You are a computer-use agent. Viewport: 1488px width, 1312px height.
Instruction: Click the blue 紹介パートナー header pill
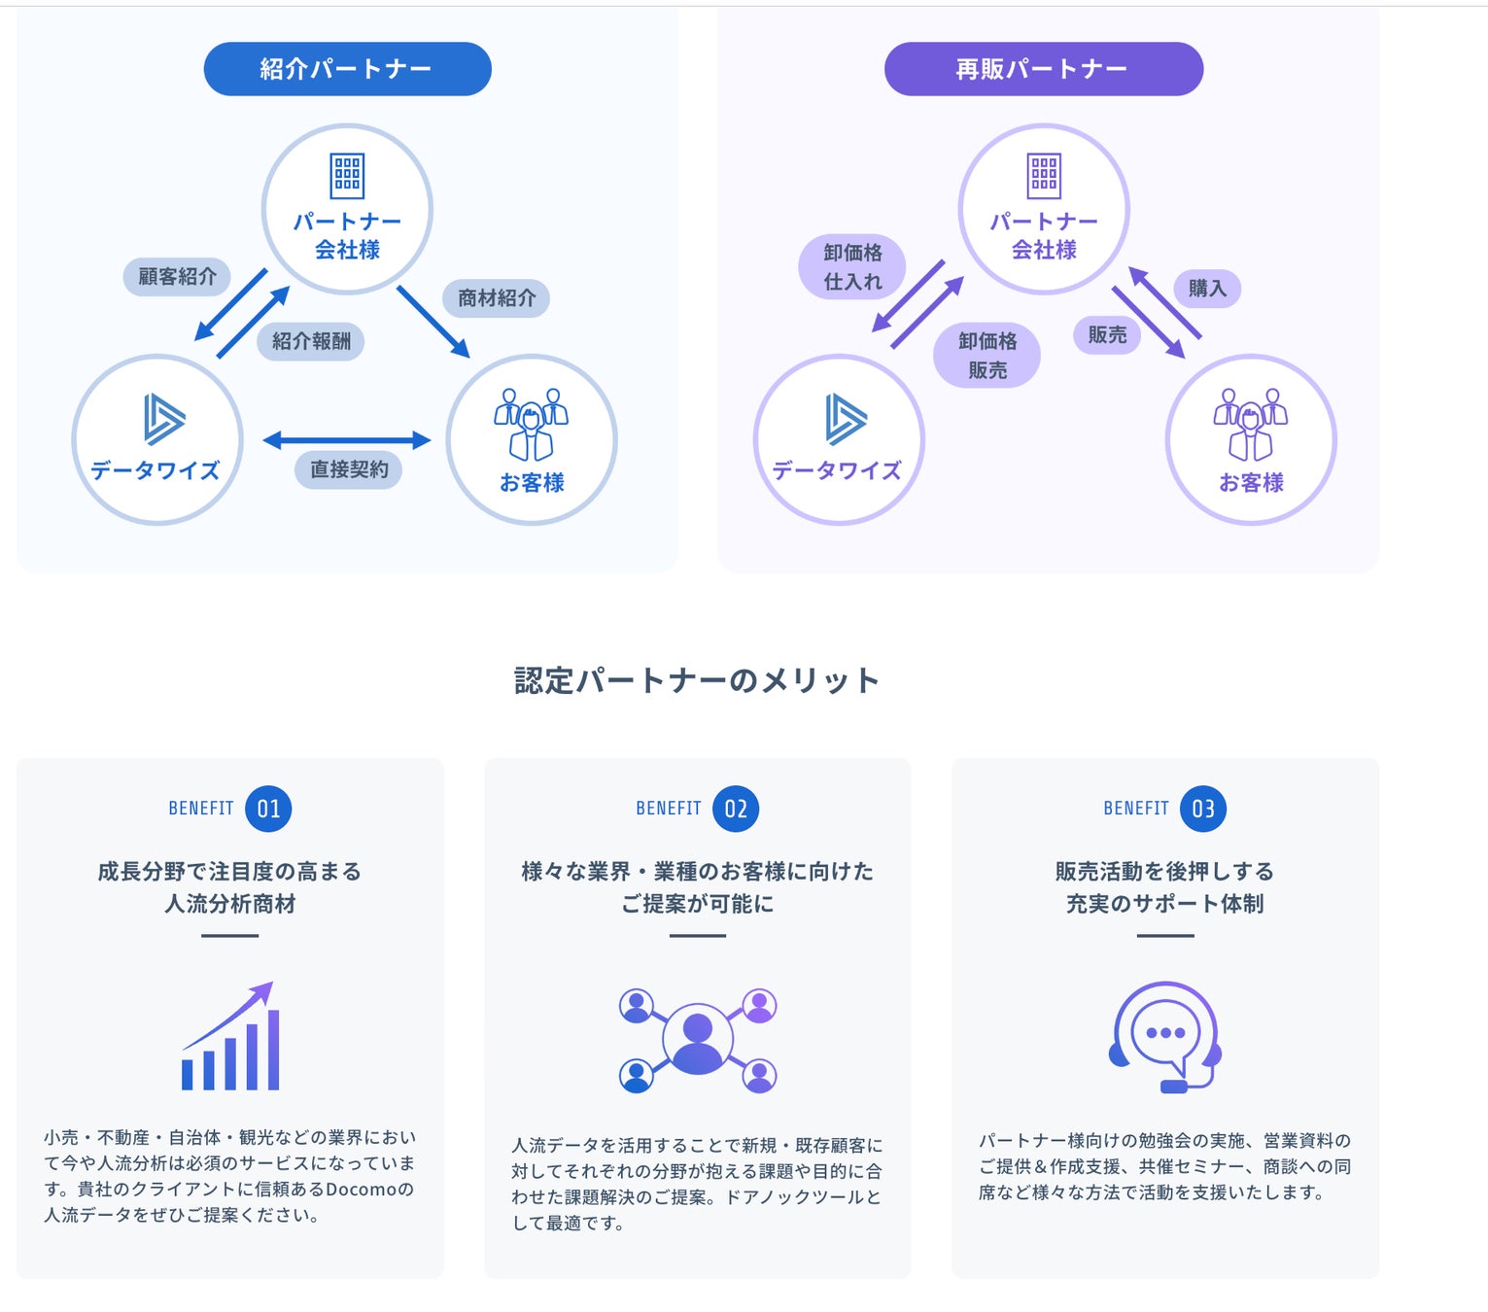pyautogui.click(x=347, y=69)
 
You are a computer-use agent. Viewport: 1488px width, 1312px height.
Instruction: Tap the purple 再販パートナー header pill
pyautogui.click(x=1043, y=69)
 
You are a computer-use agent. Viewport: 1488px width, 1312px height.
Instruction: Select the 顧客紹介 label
pyautogui.click(x=177, y=277)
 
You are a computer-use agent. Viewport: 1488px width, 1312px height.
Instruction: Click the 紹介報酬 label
pyautogui.click(x=311, y=341)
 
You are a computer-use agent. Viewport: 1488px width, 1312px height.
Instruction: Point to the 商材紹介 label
pyautogui.click(x=497, y=297)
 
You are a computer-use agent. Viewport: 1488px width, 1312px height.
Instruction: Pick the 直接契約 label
pyautogui.click(x=349, y=469)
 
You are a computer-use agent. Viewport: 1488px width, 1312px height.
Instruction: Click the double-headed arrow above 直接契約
pyautogui.click(x=347, y=440)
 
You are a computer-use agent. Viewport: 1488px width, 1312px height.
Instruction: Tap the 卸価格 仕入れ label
pyautogui.click(x=852, y=267)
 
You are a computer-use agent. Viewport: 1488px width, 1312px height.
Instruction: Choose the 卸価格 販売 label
pyautogui.click(x=986, y=356)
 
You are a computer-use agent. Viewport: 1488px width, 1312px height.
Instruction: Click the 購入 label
pyautogui.click(x=1207, y=288)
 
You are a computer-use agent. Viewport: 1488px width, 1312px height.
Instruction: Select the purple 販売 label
pyautogui.click(x=1107, y=334)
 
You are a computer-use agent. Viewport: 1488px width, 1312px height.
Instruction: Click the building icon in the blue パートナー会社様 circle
pyautogui.click(x=347, y=176)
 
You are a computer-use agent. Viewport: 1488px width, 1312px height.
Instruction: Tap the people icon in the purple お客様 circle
pyautogui.click(x=1250, y=424)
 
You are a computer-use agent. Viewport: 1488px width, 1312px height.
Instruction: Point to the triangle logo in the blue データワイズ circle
pyautogui.click(x=162, y=419)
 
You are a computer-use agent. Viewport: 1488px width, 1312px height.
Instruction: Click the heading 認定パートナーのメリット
pyautogui.click(x=697, y=680)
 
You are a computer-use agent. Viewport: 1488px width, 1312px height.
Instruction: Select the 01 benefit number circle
pyautogui.click(x=269, y=809)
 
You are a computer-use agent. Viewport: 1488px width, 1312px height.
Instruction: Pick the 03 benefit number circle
pyautogui.click(x=1203, y=809)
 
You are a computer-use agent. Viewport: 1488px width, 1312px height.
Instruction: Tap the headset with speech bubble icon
pyautogui.click(x=1165, y=1036)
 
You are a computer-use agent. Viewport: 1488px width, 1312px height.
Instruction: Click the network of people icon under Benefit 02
pyautogui.click(x=698, y=1039)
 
